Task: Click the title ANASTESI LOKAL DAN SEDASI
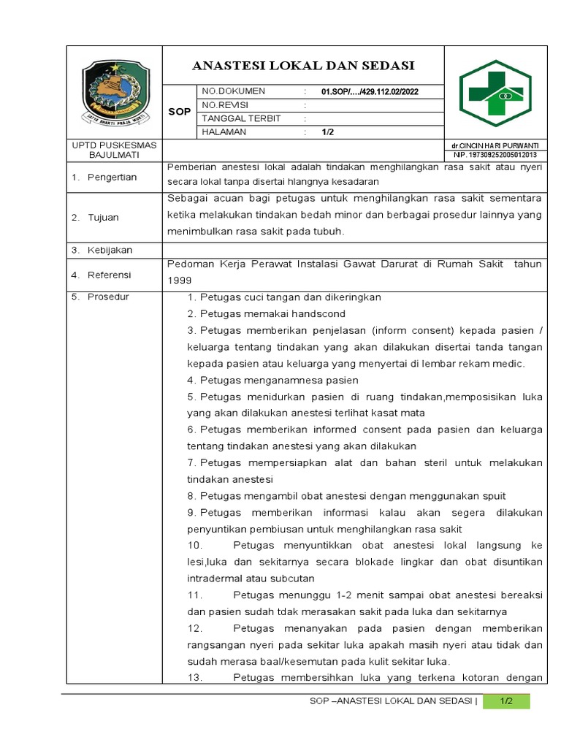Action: [x=302, y=66]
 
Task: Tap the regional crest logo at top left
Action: [x=114, y=93]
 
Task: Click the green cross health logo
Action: [x=495, y=93]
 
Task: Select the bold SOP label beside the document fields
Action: [x=179, y=112]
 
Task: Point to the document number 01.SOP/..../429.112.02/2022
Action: [x=370, y=91]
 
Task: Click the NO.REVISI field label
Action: [x=225, y=105]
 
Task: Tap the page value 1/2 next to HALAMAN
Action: [x=327, y=132]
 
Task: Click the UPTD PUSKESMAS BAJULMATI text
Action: [x=114, y=150]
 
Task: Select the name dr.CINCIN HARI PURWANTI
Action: [x=495, y=146]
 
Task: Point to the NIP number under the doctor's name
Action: [x=495, y=155]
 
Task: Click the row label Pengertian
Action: [x=112, y=178]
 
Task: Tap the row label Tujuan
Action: [x=104, y=218]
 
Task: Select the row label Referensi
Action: [x=110, y=275]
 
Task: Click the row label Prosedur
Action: [x=108, y=297]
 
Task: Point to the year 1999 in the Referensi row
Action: [x=179, y=280]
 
